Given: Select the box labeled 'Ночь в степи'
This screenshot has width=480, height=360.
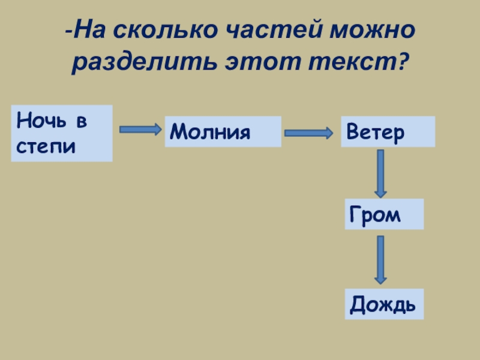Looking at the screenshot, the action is point(62,133).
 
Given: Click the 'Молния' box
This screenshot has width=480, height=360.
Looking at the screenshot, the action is point(223,132).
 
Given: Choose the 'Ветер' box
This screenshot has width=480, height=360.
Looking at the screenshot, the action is point(388,132).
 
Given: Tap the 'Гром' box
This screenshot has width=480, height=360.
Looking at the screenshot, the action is point(384,214).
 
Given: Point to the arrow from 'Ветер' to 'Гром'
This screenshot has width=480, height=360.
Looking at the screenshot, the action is point(380,173).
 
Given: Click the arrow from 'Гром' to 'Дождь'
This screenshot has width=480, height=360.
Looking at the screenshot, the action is point(380,259).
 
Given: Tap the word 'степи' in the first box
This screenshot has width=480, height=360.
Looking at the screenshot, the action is point(46,146).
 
